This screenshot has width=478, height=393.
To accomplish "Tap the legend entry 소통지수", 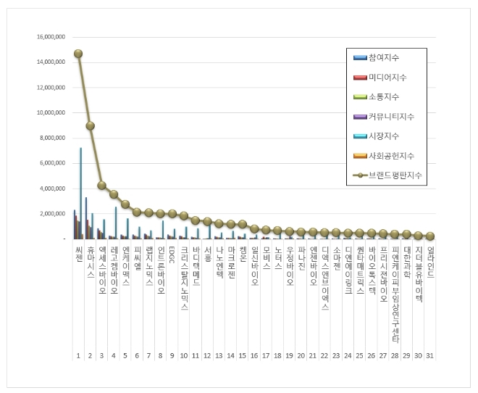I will (384, 96).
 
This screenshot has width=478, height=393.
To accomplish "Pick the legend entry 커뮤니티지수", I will (391, 116).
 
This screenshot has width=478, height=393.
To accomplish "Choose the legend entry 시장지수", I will (384, 136).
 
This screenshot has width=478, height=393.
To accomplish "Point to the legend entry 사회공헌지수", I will (391, 155).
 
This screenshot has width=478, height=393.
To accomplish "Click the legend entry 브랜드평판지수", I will (395, 175).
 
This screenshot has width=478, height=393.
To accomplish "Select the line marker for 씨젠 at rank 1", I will (78, 54).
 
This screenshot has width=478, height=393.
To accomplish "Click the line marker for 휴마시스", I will (90, 125).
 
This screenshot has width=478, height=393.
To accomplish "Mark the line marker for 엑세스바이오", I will (102, 185).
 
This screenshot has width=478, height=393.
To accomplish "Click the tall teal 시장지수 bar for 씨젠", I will (80, 193).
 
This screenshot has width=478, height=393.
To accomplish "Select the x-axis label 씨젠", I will (78, 254).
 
